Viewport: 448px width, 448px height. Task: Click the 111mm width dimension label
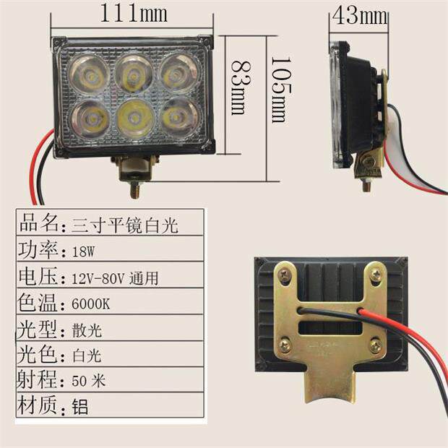tap(134, 12)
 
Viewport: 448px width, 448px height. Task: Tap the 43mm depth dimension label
tap(359, 15)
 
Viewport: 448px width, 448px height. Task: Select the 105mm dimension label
tap(278, 90)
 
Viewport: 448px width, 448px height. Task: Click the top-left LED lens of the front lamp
tap(89, 72)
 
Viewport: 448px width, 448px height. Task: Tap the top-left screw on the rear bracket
tap(285, 274)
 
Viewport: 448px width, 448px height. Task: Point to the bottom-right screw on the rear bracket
tap(375, 346)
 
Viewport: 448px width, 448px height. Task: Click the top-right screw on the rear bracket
tap(375, 274)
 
